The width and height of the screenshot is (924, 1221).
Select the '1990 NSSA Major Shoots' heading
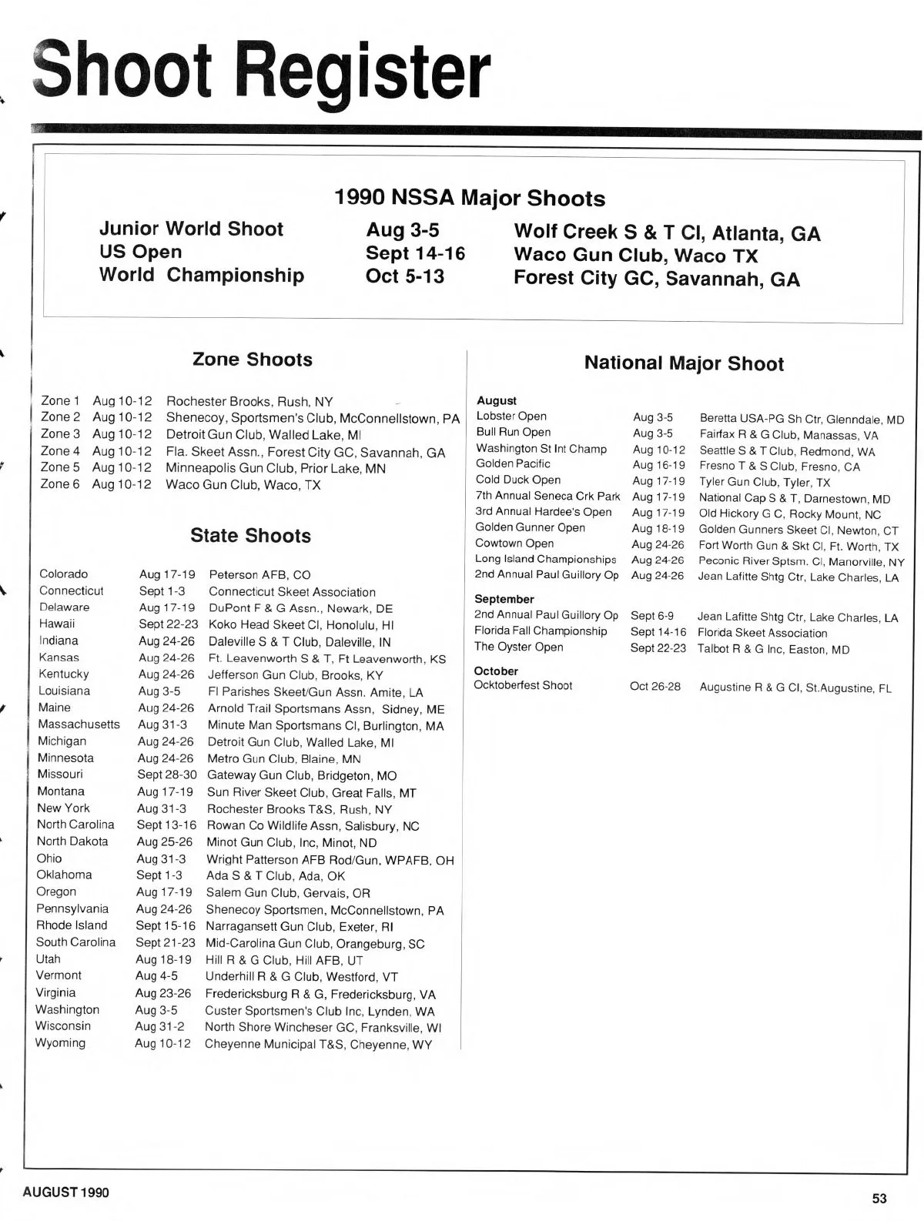coord(470,199)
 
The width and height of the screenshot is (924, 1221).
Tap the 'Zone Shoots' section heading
coord(253,360)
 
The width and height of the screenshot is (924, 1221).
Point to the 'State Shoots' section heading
coord(251,536)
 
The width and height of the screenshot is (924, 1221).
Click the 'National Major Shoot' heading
coord(684,363)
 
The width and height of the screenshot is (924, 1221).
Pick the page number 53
coord(879,1198)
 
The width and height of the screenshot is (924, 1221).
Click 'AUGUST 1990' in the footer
coord(66,1193)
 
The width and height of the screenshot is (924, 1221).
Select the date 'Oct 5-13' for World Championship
coord(405,276)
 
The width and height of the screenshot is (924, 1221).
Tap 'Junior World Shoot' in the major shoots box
coord(191,229)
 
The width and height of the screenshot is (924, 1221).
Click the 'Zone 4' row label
coord(60,451)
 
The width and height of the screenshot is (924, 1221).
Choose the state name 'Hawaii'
coord(57,624)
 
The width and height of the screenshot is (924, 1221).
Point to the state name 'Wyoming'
coord(60,1043)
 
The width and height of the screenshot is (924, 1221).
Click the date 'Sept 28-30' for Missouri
coord(167,774)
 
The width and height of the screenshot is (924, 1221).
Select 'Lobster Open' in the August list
coord(511,416)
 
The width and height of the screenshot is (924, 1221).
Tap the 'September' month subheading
coord(504,599)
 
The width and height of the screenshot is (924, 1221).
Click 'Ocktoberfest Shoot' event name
coord(524,685)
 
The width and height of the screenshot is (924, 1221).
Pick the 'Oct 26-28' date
coord(655,686)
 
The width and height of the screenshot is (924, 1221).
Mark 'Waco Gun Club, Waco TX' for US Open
coord(635,256)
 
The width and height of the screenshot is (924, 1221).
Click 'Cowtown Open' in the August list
coord(514,544)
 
